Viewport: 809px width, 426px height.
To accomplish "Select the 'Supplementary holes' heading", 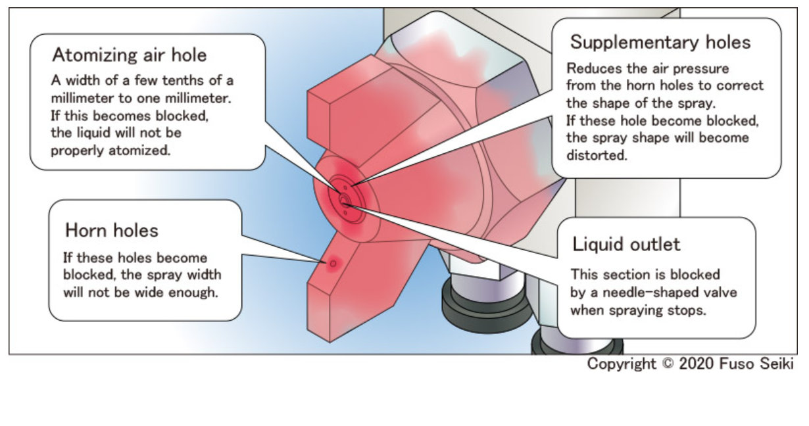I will click(660, 43).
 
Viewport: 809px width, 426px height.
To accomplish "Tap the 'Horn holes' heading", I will click(112, 230).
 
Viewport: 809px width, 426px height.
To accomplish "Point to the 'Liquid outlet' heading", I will click(626, 245).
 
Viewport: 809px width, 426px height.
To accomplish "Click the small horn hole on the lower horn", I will click(333, 263).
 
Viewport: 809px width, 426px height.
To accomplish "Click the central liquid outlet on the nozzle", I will click(344, 199).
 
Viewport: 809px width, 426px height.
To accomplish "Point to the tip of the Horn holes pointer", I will click(327, 262).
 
